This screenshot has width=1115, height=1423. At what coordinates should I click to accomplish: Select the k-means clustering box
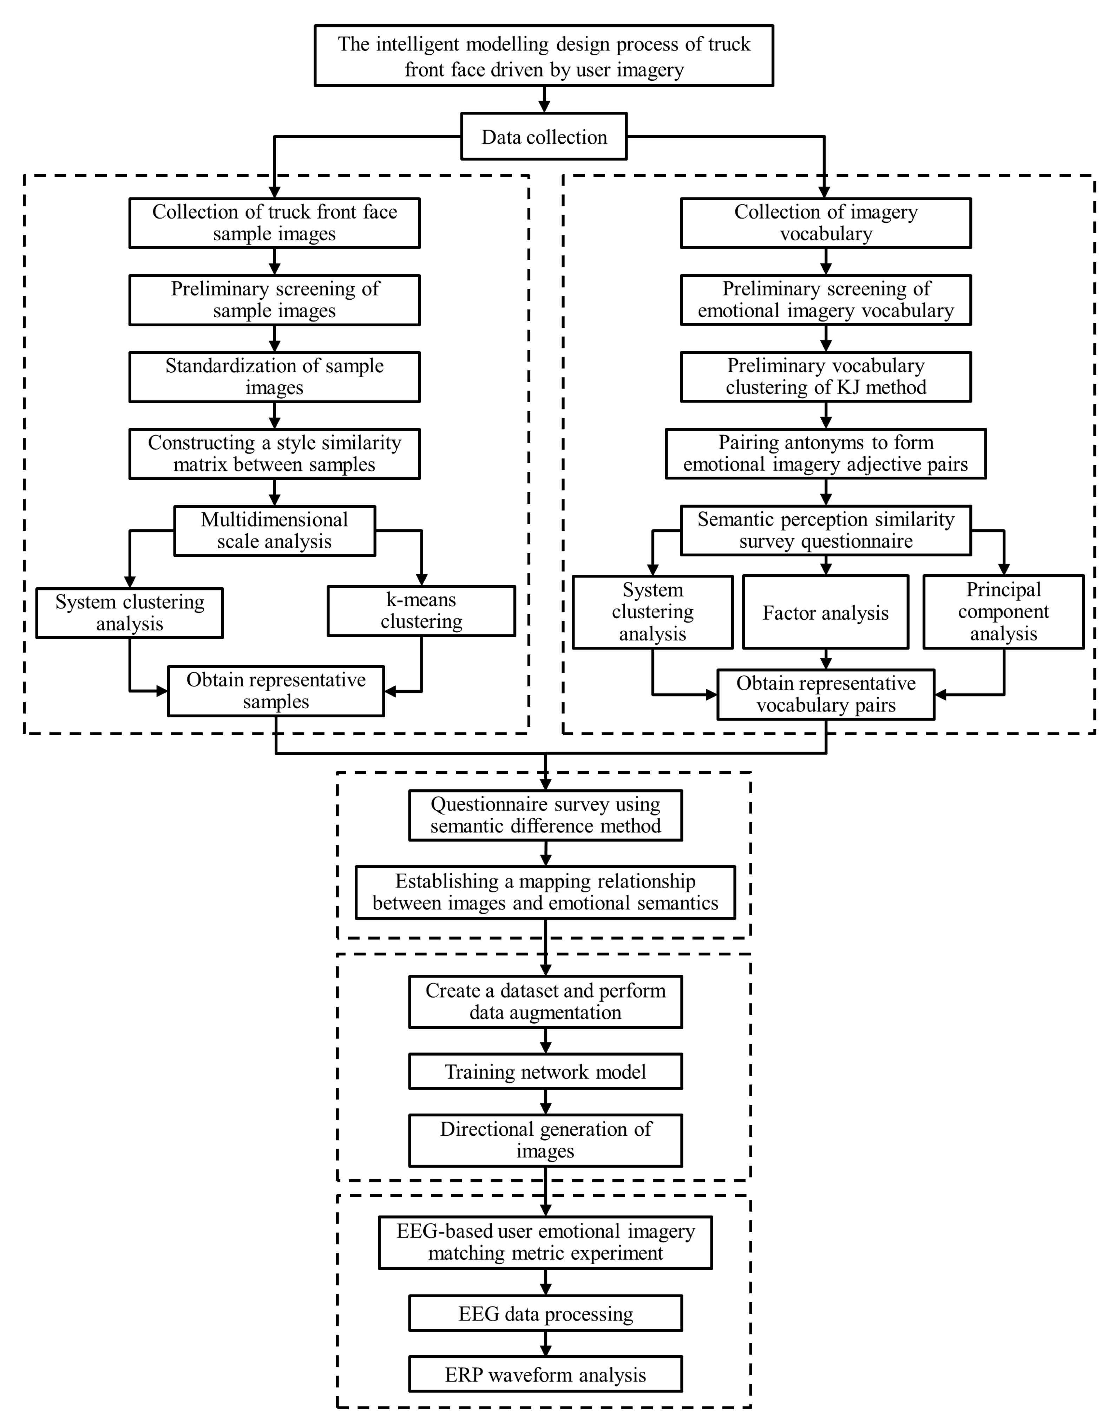coord(421,611)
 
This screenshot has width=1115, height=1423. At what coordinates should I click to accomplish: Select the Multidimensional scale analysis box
coord(274,530)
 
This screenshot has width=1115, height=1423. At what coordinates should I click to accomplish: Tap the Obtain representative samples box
coord(275,691)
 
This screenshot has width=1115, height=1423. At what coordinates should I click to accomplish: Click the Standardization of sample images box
coord(274,377)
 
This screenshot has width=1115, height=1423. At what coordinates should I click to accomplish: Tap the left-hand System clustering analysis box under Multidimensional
coord(129,613)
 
